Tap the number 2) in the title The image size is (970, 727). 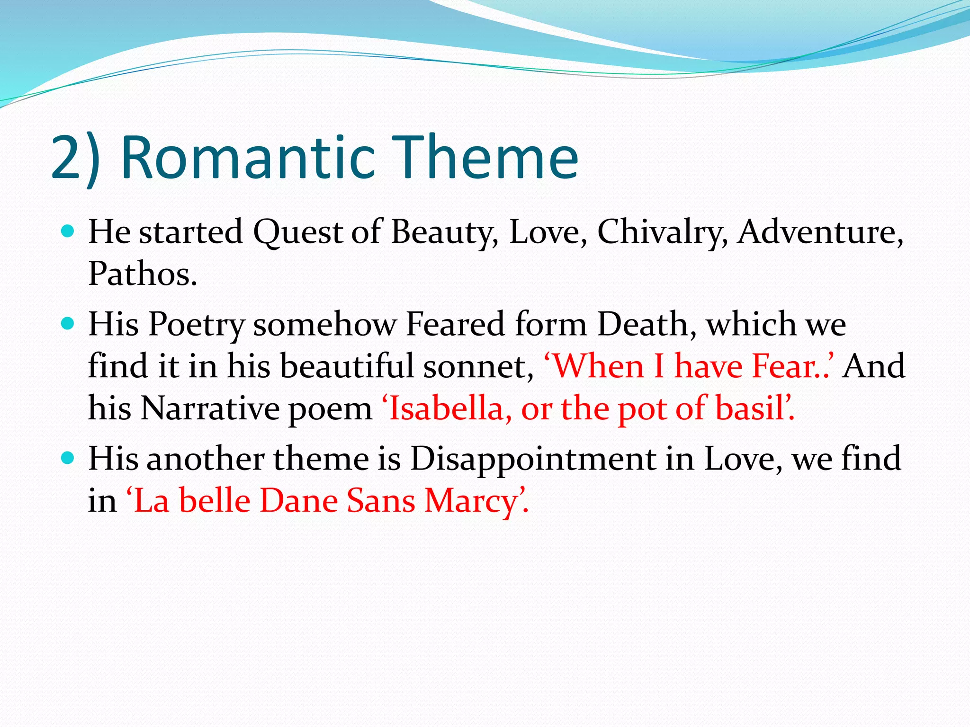pyautogui.click(x=75, y=159)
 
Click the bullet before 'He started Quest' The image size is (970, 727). pyautogui.click(x=68, y=231)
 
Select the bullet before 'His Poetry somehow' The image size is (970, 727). pyautogui.click(x=68, y=324)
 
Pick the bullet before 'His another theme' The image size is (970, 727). pyautogui.click(x=68, y=458)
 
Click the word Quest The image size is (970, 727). pyautogui.click(x=297, y=233)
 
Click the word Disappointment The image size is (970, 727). pyautogui.click(x=532, y=459)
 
